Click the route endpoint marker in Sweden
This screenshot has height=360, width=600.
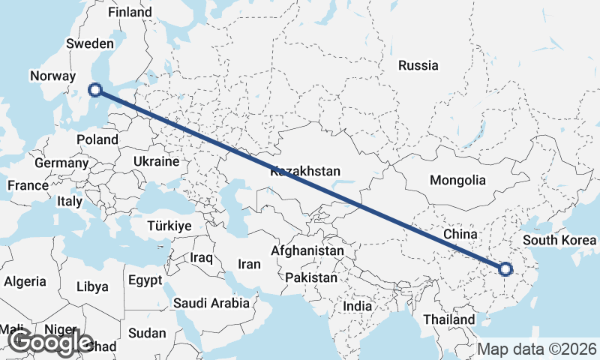click(x=94, y=90)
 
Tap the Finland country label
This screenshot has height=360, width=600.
click(x=130, y=12)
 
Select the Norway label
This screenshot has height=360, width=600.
click(x=52, y=76)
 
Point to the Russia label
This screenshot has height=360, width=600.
click(x=418, y=65)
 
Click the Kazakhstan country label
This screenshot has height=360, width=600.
click(x=305, y=171)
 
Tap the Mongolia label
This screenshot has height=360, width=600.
click(x=457, y=180)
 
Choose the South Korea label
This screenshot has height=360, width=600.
click(x=561, y=240)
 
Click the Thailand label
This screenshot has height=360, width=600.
click(x=449, y=319)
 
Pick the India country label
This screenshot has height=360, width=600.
click(x=357, y=306)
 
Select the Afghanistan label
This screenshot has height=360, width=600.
click(x=308, y=250)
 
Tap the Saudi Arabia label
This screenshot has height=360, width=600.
click(x=211, y=303)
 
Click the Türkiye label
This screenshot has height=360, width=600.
click(x=169, y=226)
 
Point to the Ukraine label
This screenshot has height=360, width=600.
click(x=156, y=161)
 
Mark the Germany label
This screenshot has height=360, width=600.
click(x=61, y=163)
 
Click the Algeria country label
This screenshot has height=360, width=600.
click(x=25, y=282)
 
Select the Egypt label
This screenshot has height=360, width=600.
click(x=145, y=280)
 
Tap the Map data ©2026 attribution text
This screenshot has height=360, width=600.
click(x=538, y=349)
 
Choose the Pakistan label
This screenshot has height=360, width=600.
click(x=311, y=277)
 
